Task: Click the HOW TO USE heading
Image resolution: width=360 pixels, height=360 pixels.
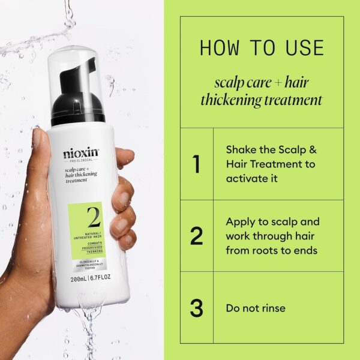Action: click(x=262, y=48)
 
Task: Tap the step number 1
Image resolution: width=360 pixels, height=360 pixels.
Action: click(x=196, y=163)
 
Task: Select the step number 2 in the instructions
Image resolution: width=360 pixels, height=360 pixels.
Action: click(x=196, y=236)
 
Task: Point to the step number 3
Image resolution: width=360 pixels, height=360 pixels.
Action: click(x=196, y=308)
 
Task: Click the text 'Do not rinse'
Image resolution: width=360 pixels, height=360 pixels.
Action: click(x=255, y=308)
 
